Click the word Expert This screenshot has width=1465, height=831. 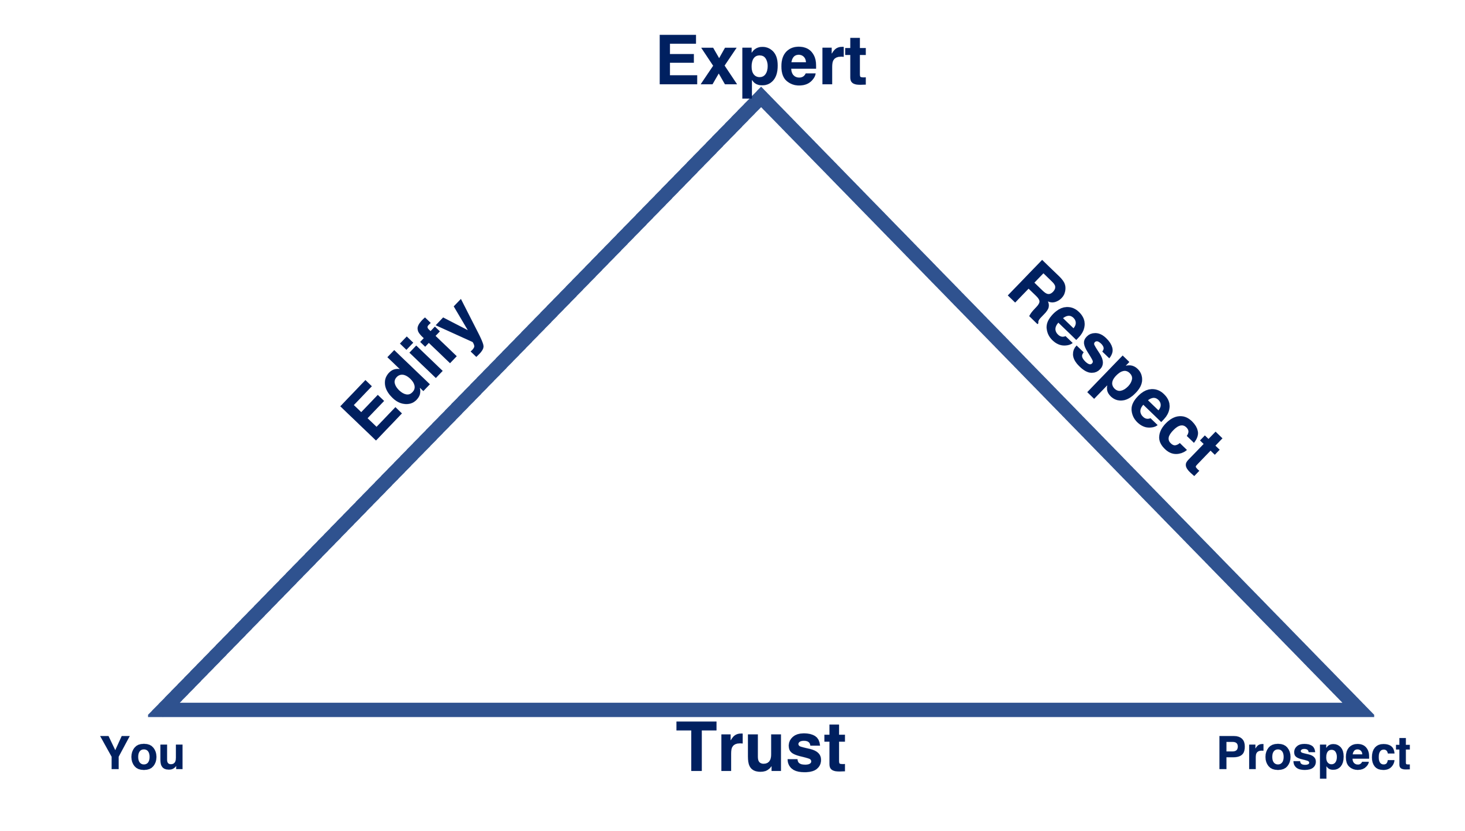click(x=762, y=61)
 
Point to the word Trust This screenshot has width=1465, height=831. click(x=760, y=748)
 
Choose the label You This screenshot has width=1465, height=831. click(x=142, y=753)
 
